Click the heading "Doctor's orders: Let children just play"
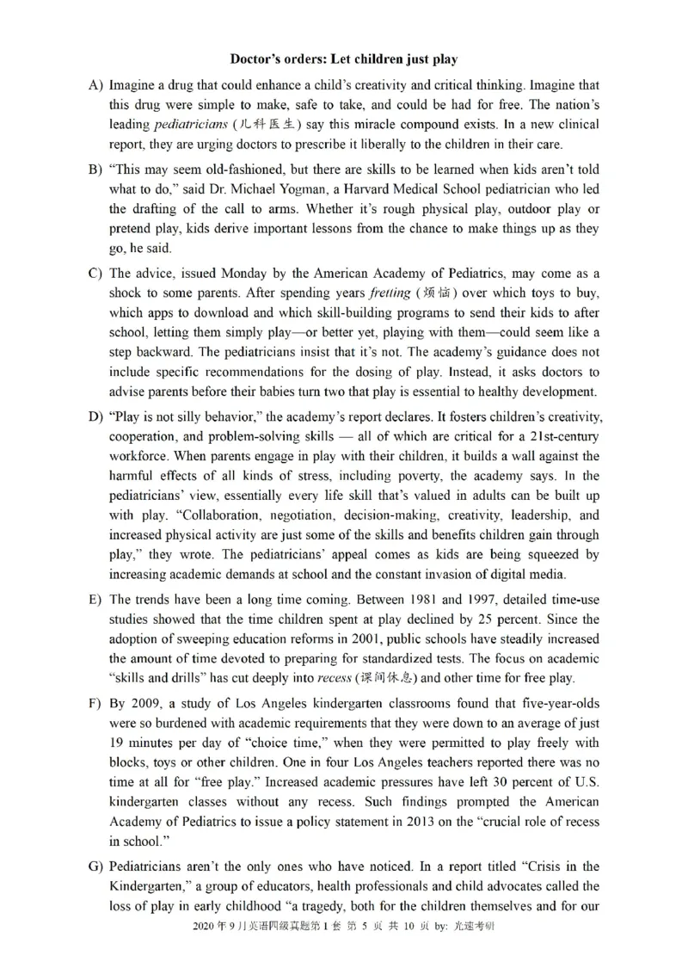344,59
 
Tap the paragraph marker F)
95,704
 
